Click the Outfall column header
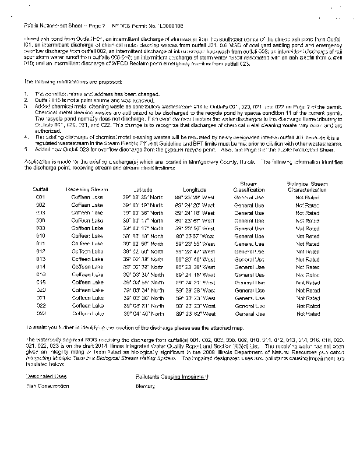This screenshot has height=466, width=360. [41, 190]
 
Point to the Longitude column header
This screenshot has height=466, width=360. [195, 190]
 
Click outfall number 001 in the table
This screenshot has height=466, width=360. [41, 198]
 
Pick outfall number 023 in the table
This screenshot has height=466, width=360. [41, 313]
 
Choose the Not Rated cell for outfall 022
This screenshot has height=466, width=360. [308, 306]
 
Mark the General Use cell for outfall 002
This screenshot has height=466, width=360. [249, 206]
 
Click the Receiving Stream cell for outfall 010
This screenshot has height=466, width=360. [87, 236]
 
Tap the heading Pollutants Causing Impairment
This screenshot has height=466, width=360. [171, 376]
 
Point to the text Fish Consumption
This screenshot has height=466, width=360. [45, 387]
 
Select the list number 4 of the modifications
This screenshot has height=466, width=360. [26, 137]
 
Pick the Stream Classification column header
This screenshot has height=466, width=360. [249, 186]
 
